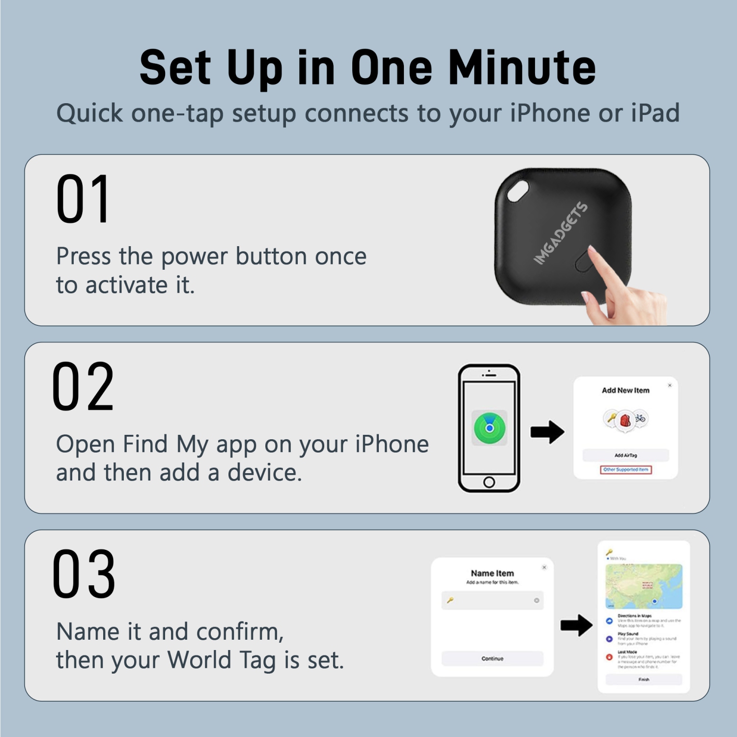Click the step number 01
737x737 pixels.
83,199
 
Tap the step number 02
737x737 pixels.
83,387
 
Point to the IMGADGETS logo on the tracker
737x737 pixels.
561,233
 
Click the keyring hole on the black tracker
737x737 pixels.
517,191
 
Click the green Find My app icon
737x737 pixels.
489,428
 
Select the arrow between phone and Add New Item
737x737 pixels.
547,432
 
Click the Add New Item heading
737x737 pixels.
625,390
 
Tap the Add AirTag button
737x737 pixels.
625,455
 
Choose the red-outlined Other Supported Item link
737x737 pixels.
625,470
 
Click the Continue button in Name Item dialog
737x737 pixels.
492,658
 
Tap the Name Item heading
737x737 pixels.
492,573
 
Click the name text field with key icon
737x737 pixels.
492,600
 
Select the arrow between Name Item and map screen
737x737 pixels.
576,625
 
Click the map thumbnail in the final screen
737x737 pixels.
644,586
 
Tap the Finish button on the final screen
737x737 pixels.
644,680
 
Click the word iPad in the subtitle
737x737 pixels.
655,113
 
